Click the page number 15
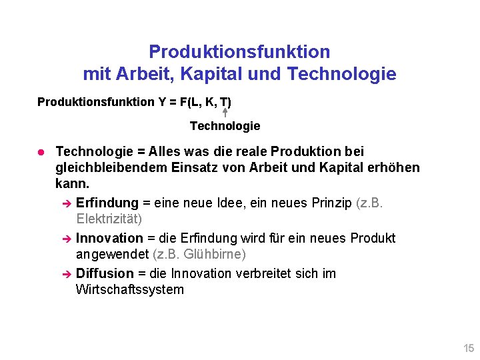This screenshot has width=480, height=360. click(469, 348)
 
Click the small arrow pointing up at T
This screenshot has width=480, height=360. click(225, 113)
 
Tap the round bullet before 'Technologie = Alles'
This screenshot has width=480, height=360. click(41, 153)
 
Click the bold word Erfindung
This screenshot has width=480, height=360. click(107, 203)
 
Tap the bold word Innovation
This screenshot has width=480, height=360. click(109, 238)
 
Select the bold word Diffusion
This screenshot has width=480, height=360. click(105, 273)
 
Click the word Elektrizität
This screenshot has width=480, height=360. click(109, 219)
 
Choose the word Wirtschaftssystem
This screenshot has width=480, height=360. click(129, 289)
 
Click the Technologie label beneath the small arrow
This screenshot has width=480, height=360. click(225, 126)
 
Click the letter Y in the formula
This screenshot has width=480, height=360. click(162, 102)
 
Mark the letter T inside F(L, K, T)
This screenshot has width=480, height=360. click(225, 102)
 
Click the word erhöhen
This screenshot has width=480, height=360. click(393, 167)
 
